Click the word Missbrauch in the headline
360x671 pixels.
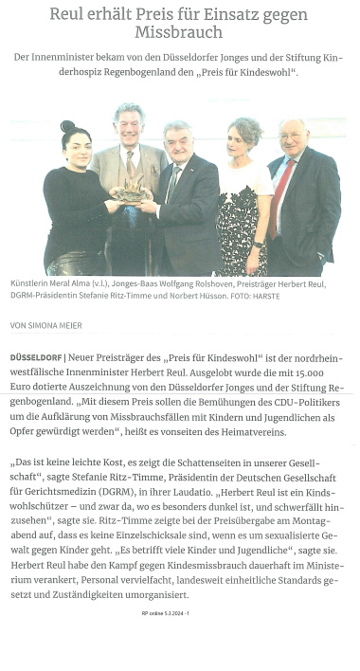coord(180,30)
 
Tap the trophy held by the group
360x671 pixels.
coord(132,193)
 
